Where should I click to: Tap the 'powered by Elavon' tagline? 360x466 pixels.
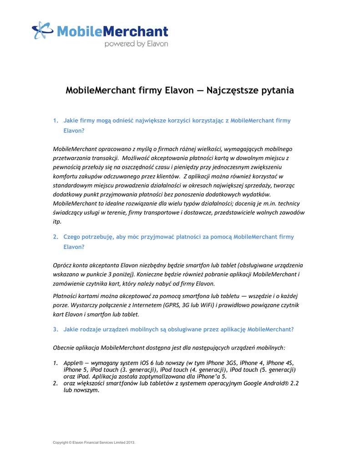coord(136,44)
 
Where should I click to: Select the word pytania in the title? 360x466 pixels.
coord(277,90)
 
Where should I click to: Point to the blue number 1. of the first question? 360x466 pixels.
coord(56,121)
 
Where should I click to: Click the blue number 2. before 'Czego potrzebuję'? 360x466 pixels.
coord(56,237)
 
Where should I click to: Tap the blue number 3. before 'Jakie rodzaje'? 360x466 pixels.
coord(56,329)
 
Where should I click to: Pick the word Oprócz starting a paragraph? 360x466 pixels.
coord(64,265)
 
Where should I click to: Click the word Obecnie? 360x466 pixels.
coord(65,348)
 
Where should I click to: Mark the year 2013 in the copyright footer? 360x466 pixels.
coord(130,442)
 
